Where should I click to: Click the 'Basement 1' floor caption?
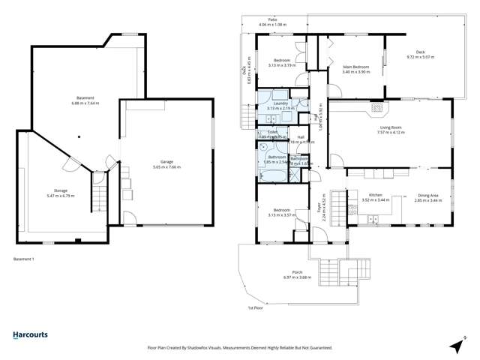point(24,259)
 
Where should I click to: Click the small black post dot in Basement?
point(78,136)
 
